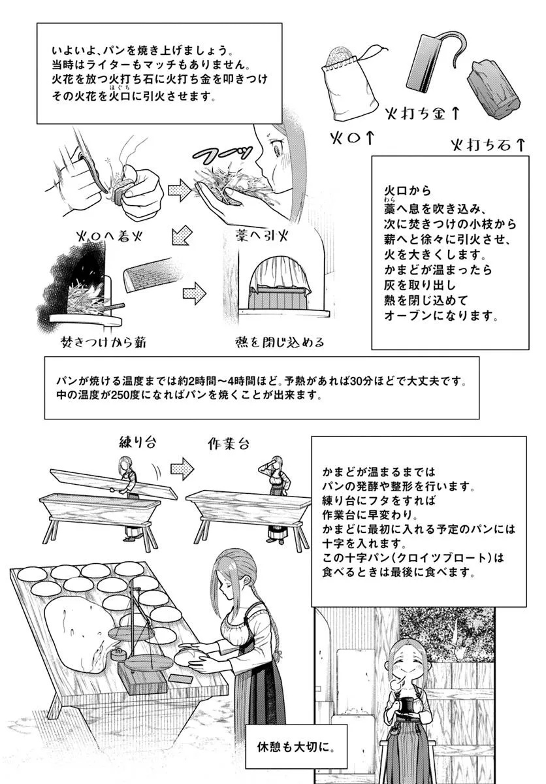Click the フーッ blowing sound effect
click(223, 154)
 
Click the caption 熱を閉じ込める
click(280, 342)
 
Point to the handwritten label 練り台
click(137, 442)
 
